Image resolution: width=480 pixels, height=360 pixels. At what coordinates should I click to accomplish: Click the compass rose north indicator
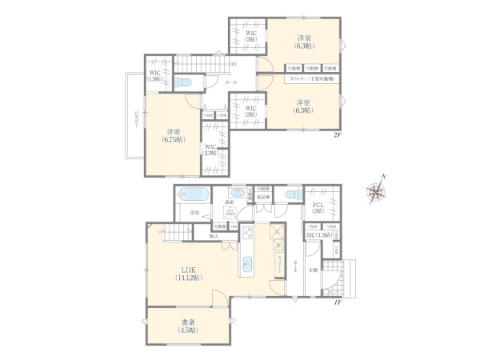[376, 190]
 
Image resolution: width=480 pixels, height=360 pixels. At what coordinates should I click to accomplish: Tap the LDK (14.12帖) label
[190, 272]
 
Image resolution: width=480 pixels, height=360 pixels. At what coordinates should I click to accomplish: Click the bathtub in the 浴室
[193, 194]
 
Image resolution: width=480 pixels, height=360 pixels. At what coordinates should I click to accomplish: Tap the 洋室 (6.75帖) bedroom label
[174, 134]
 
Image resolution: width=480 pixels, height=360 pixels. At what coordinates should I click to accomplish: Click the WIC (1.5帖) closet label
[156, 77]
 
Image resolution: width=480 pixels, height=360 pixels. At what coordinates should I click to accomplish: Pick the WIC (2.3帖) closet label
[210, 150]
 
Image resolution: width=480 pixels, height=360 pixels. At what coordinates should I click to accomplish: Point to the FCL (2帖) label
[318, 207]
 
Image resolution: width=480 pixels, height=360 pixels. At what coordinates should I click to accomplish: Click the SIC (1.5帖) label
[318, 236]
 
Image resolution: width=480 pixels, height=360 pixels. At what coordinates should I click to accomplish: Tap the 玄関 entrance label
[314, 270]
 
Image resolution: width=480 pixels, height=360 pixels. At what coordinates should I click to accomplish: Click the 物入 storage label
[214, 236]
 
